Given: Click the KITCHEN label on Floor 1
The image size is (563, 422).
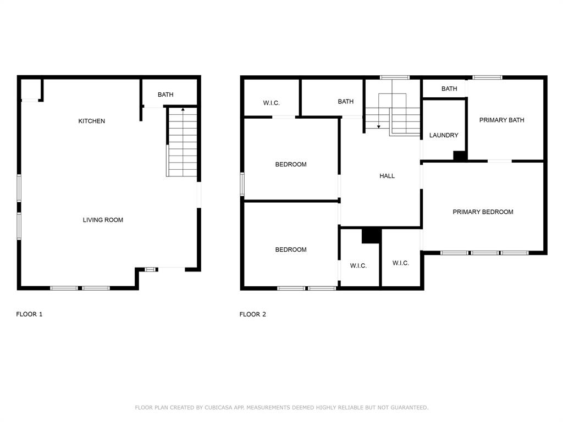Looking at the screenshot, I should coord(91,121).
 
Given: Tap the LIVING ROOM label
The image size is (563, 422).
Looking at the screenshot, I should coord(103,220).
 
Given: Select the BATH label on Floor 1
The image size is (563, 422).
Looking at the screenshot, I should coord(165,95).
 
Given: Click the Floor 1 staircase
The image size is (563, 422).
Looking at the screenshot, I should coord(182,143).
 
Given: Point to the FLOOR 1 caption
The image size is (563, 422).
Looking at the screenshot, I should coord(29,314).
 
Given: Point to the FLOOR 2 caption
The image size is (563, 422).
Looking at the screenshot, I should coord(252,314).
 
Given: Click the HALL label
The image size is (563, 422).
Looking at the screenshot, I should coord(387,176).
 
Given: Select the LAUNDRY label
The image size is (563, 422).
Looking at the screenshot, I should coord(444,135).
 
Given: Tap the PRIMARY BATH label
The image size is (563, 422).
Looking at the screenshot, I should coord(501,120).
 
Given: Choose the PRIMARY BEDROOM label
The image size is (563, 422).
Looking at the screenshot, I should coord(483,212).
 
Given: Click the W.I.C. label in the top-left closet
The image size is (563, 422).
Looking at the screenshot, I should coord(272,103).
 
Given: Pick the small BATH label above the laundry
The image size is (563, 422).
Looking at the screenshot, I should coord(449,88).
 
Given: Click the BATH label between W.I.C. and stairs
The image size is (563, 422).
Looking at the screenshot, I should coord(345,101).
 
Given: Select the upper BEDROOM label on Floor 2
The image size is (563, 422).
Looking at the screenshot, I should coord(291,164).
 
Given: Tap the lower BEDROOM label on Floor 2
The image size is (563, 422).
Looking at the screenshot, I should coord(291,249).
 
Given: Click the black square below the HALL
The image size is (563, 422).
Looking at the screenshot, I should coord(371,235).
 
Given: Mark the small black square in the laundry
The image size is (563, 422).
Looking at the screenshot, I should coord(460,156).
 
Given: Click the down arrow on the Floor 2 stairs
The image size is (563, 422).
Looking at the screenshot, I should coord(378,126).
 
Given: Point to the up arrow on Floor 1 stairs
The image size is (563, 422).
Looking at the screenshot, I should coord(183,110).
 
